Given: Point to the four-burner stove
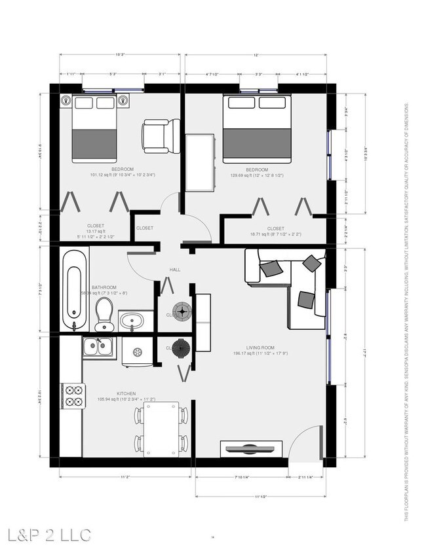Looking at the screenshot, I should tap(72, 395).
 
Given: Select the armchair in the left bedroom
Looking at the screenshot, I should tap(159, 135).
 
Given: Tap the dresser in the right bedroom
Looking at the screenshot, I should tap(199, 162).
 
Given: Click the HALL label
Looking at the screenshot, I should tap(175, 270).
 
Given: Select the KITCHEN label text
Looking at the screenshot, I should tap(126, 394).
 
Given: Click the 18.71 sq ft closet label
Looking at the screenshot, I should tap(275, 232).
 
